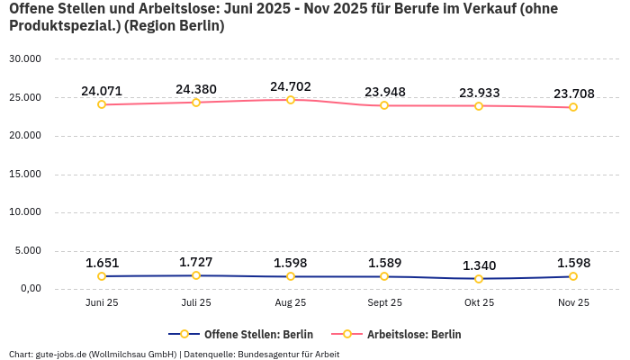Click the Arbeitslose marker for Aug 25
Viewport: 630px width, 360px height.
(x=291, y=100)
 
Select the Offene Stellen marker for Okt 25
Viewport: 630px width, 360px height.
(x=479, y=279)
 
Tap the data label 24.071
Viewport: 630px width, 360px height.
(x=102, y=91)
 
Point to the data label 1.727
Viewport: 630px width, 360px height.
(x=196, y=262)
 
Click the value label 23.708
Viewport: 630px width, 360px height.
(x=573, y=94)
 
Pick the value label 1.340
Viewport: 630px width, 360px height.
(x=479, y=265)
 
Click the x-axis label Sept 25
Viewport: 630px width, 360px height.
(x=384, y=303)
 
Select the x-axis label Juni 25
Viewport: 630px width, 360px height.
(x=102, y=303)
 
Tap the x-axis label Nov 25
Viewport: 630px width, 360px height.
(x=573, y=303)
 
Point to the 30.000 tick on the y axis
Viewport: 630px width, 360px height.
(x=24, y=59)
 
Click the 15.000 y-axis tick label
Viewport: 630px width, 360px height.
(x=24, y=175)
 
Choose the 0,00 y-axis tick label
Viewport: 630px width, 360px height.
(x=28, y=289)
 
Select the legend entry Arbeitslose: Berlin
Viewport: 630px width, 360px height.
(x=414, y=335)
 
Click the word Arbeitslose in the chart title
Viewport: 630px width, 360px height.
(x=147, y=9)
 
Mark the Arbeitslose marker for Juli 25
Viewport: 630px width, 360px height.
(x=196, y=103)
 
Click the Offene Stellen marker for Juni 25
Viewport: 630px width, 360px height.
(x=102, y=276)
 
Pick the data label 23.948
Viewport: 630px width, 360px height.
(x=384, y=92)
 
